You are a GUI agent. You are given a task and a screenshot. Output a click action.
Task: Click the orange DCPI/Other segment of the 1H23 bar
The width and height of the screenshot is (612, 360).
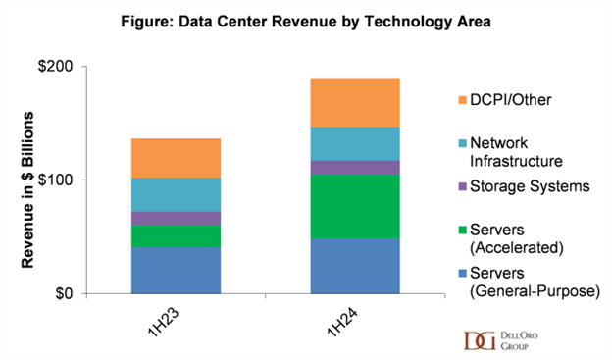(176, 158)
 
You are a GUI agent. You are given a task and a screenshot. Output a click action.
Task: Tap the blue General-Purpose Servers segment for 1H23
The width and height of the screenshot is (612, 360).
(176, 270)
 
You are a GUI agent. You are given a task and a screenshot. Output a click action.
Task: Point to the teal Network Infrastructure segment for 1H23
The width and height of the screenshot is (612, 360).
(176, 194)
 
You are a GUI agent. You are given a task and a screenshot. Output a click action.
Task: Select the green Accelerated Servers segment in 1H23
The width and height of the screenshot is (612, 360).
(176, 236)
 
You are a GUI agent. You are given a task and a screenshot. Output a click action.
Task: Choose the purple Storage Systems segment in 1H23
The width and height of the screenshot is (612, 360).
(176, 218)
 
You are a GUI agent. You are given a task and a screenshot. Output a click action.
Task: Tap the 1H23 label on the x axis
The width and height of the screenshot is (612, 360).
(169, 323)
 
